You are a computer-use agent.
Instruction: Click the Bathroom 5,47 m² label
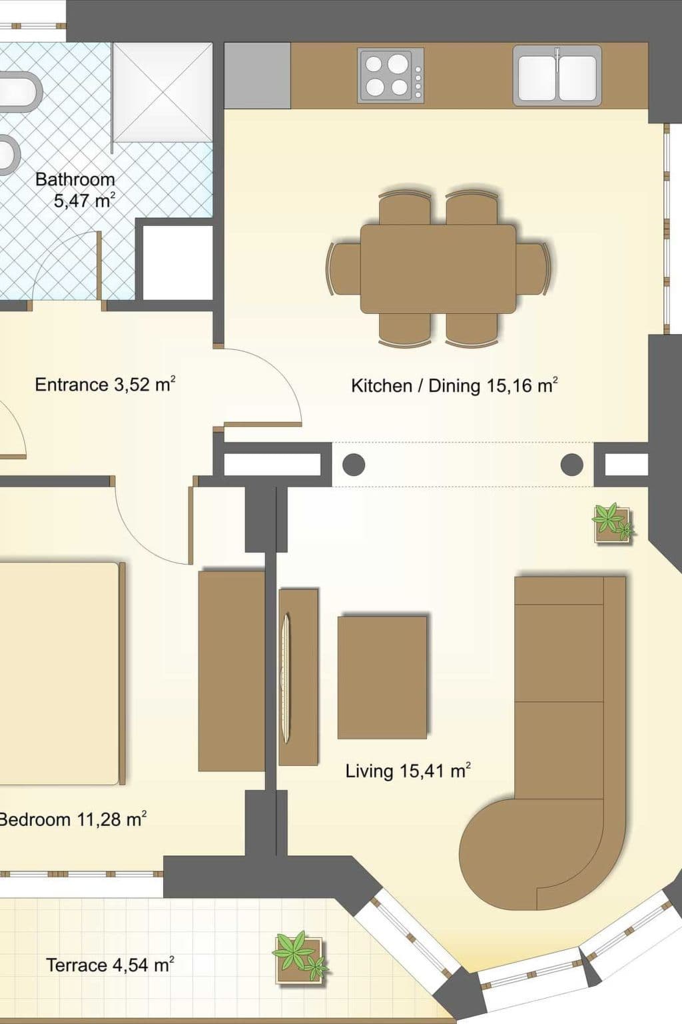75,190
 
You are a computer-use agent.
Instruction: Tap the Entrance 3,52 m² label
105,385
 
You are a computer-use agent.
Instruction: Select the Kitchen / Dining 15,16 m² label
454,385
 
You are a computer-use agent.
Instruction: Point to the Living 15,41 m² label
408,771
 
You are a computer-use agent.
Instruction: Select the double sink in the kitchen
557,75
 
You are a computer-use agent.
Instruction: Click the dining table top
438,269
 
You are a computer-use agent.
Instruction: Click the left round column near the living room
354,465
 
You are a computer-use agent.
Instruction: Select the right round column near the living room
572,465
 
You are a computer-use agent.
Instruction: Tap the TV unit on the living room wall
298,677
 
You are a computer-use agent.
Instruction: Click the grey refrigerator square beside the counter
258,75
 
